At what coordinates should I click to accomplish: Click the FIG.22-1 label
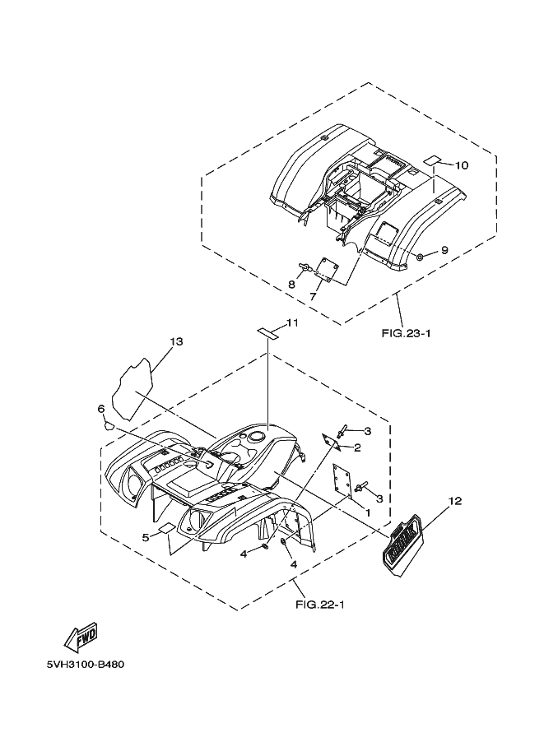coord(319,605)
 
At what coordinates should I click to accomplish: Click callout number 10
coord(461,165)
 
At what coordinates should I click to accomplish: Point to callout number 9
coord(444,250)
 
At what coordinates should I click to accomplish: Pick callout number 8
coord(291,285)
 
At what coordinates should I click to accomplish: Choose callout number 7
coord(314,295)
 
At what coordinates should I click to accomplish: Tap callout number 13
coord(175,341)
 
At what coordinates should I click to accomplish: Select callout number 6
coord(100,409)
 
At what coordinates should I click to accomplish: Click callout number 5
coord(145,536)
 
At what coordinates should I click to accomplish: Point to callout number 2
coord(357,447)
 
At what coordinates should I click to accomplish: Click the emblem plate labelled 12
coord(402,543)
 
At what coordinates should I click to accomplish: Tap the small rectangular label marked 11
coord(267,331)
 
